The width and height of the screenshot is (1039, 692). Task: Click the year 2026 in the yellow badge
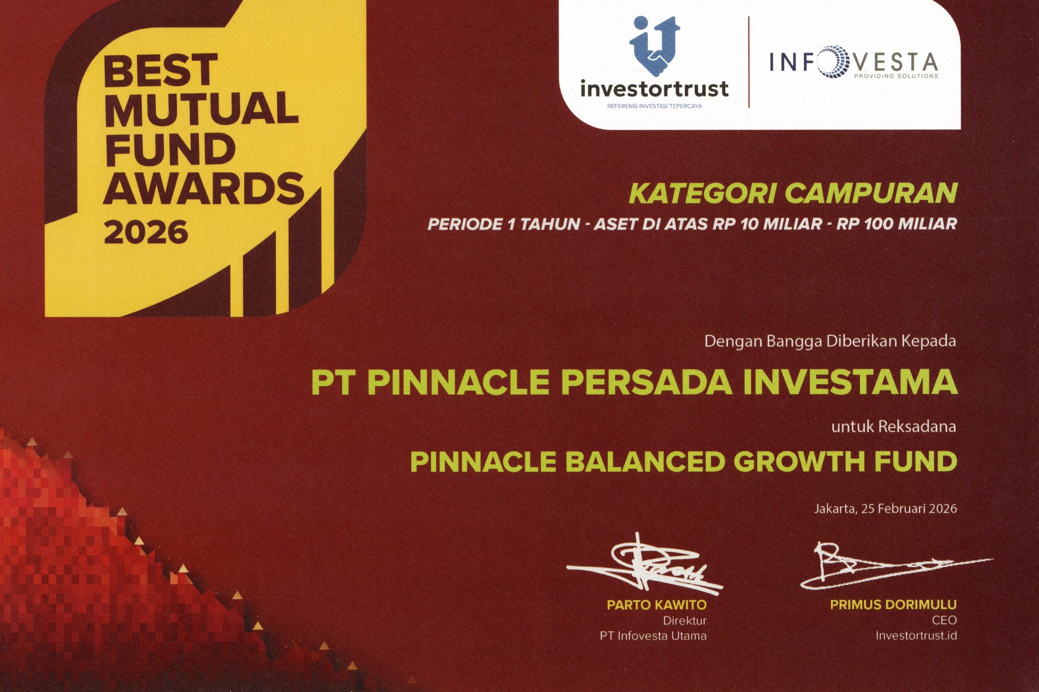coord(146,233)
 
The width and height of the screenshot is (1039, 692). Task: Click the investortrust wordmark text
coord(654,89)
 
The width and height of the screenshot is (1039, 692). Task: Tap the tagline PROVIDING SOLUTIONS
coord(896,76)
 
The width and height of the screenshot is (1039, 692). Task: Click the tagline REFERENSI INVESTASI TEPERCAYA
coord(654,106)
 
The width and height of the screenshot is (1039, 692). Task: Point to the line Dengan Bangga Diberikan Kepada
coord(830,341)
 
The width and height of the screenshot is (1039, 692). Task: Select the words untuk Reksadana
coord(893,427)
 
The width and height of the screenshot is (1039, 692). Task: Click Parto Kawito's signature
coord(645,565)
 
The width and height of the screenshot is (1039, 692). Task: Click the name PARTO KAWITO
coord(656,605)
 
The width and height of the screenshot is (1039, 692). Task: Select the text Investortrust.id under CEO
coord(916,635)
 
